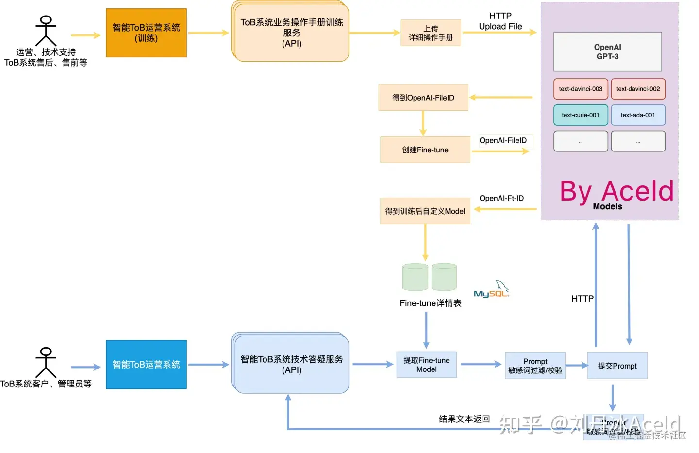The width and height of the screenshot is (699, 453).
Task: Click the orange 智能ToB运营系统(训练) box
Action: [146, 33]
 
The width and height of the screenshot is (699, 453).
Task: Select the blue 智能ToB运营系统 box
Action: [146, 365]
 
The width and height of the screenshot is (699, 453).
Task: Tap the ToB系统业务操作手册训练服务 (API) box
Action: [291, 33]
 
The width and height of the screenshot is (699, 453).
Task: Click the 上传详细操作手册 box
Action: [431, 33]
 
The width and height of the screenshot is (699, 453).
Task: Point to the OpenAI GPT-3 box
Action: [607, 52]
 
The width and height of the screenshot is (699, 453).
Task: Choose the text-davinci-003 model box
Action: [581, 89]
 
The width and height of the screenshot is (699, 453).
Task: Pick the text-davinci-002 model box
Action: [638, 89]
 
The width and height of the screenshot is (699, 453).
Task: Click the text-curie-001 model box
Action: [581, 115]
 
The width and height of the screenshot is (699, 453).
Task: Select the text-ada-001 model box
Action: [638, 115]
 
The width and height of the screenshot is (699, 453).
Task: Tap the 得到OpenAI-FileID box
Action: [423, 98]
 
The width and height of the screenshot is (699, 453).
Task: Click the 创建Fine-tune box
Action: [425, 150]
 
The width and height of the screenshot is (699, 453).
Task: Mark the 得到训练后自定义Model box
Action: [425, 211]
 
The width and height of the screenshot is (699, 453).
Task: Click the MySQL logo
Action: [491, 289]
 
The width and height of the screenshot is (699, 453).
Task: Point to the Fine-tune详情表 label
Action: [431, 303]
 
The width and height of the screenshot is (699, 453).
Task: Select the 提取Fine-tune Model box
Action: [427, 365]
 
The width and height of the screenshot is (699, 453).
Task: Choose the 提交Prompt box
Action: [617, 366]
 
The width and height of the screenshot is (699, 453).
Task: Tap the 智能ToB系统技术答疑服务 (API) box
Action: [291, 364]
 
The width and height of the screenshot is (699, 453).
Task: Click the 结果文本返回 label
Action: [464, 419]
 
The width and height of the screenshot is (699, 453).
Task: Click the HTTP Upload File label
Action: [500, 21]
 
